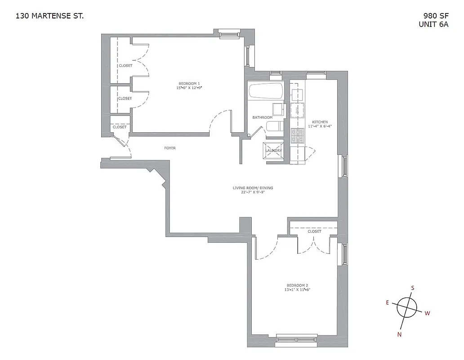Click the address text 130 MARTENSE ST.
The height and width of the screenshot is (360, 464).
(x=49, y=16)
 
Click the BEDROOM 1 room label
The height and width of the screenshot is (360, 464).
(x=189, y=83)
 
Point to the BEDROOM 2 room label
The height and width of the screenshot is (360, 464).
(x=297, y=285)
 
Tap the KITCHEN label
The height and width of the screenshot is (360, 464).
(x=320, y=122)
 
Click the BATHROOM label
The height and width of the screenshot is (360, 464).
(x=262, y=117)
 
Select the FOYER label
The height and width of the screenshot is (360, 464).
(x=170, y=148)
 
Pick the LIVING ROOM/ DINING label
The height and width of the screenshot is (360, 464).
(x=253, y=188)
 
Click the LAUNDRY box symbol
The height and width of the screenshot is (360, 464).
(x=273, y=151)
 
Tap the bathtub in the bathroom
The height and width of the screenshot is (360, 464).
(x=266, y=92)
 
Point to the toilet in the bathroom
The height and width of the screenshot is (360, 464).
(x=273, y=127)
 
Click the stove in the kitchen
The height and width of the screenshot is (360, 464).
(x=297, y=135)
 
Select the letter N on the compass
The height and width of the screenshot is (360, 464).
(x=399, y=334)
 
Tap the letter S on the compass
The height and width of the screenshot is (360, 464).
(x=413, y=288)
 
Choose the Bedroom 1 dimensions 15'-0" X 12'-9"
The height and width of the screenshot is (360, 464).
(x=189, y=88)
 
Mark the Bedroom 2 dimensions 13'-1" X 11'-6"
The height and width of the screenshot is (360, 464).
(x=297, y=290)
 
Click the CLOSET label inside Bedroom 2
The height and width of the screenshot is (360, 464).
(x=314, y=231)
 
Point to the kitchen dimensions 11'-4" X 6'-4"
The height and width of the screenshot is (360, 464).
(x=320, y=126)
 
